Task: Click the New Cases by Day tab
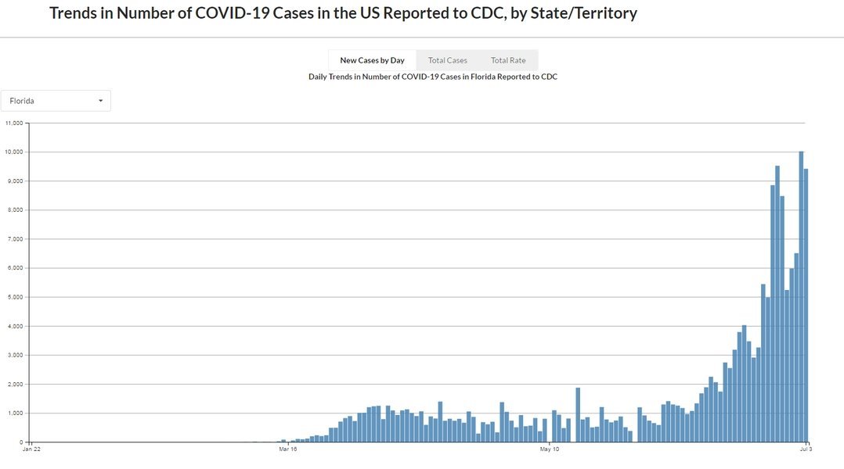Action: coord(372,60)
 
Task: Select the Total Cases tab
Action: coord(447,60)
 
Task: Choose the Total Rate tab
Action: coord(508,60)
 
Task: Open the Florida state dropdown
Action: coord(56,101)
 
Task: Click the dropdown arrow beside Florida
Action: coord(101,101)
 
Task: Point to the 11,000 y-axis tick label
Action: coord(13,123)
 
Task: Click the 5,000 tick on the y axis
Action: coord(15,297)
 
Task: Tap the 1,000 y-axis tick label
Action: coord(15,414)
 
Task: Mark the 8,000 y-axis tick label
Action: coord(15,210)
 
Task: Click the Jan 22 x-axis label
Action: coord(31,449)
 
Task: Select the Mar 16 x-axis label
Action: coord(287,449)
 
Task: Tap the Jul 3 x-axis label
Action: coord(806,449)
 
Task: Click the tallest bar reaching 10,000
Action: coord(801,297)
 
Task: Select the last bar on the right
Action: coord(806,306)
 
